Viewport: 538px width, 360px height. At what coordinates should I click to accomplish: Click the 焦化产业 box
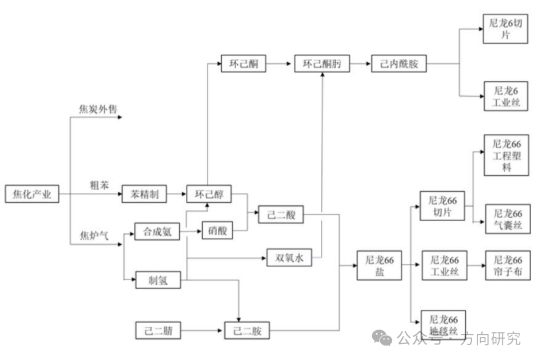pos(32,194)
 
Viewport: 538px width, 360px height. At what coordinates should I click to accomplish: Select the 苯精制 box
pos(144,194)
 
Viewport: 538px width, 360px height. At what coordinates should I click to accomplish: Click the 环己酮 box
pos(244,64)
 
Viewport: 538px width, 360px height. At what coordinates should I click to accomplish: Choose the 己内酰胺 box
pos(399,64)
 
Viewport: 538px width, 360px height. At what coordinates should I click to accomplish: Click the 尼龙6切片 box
pos(505,29)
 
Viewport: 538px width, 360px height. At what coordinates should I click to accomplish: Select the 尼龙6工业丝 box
pos(506,97)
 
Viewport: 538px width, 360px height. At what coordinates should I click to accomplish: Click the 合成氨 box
pos(157,232)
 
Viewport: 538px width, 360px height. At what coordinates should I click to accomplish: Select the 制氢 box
pos(158,280)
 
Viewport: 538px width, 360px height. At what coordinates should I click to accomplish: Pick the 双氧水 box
pos(289,257)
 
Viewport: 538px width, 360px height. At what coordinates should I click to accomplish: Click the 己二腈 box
pos(158,331)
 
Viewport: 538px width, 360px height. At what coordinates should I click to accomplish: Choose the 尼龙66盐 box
pos(380,266)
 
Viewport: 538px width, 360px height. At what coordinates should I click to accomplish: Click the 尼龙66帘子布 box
pos(508,266)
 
